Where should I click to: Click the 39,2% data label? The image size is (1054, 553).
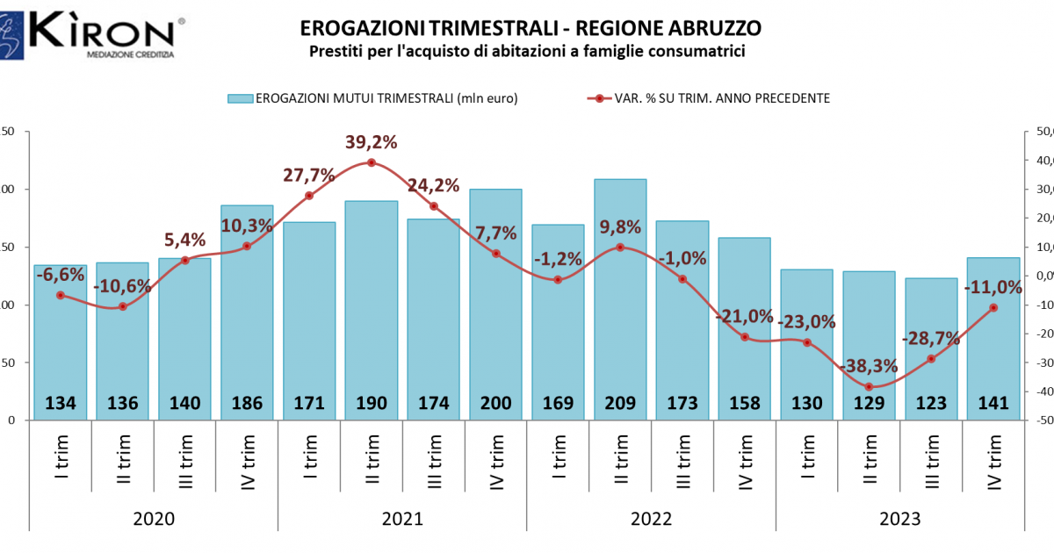pyautogui.click(x=371, y=142)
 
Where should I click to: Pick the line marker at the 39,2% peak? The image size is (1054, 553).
pyautogui.click(x=372, y=162)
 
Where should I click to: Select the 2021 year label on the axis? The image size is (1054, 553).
pyautogui.click(x=402, y=519)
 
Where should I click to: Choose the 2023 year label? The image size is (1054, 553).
pyautogui.click(x=899, y=519)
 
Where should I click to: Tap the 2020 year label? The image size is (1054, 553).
pyautogui.click(x=154, y=519)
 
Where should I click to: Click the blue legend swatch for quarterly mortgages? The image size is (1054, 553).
pyautogui.click(x=240, y=98)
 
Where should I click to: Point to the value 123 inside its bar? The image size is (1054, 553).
pyautogui.click(x=931, y=404)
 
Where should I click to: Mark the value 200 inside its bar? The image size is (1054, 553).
pyautogui.click(x=495, y=404)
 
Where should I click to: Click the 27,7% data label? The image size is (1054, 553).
pyautogui.click(x=309, y=175)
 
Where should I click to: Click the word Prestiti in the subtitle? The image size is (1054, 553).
pyautogui.click(x=338, y=52)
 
